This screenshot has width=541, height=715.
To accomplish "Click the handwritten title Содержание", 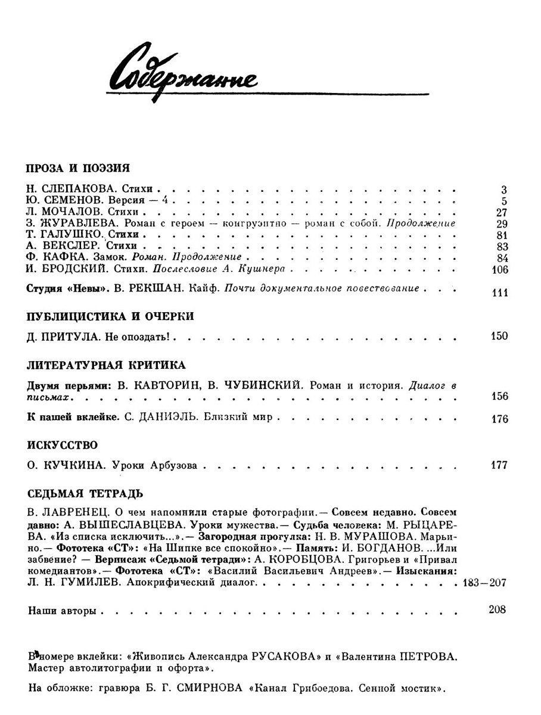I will pyautogui.click(x=181, y=73).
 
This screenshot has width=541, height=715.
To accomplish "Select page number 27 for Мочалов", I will pyautogui.click(x=500, y=213).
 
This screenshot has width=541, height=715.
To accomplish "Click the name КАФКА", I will pyautogui.click(x=58, y=257).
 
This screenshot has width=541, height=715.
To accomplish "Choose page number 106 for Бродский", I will pyautogui.click(x=498, y=269).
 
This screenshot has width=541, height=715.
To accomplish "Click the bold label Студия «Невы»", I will pyautogui.click(x=63, y=290).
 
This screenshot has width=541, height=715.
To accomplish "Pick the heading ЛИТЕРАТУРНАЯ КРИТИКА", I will pyautogui.click(x=107, y=365).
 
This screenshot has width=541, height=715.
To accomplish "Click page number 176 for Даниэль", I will pyautogui.click(x=498, y=418).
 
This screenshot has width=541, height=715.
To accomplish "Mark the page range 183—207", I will pyautogui.click(x=484, y=583).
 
